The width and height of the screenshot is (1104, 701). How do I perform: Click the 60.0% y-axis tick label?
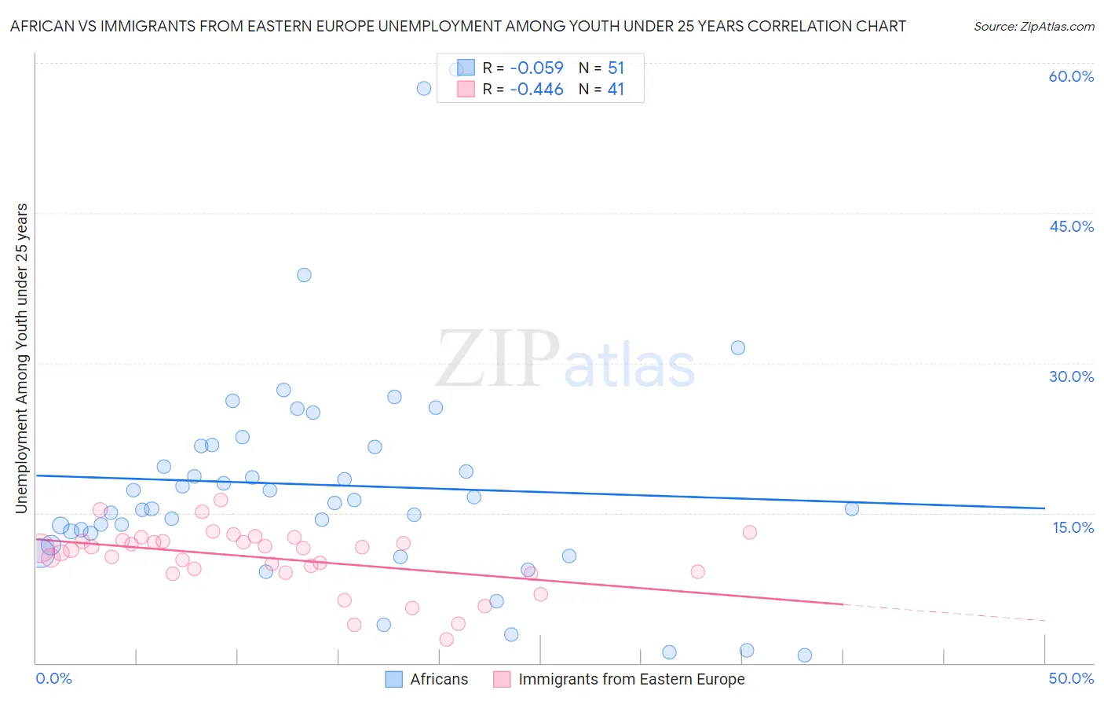coord(1071,76)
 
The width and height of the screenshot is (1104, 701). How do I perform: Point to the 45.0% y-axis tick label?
coord(1071,226)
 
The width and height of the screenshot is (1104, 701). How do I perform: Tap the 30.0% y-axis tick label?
coord(1071,376)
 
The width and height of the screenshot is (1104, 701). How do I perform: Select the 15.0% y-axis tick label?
coord(1073,527)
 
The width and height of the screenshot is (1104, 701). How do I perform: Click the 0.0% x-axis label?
coord(53,678)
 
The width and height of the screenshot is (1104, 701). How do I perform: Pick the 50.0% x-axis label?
coord(1071,678)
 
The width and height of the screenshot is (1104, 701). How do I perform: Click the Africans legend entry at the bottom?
coord(438,679)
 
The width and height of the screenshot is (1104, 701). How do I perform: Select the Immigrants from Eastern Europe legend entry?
coord(631,679)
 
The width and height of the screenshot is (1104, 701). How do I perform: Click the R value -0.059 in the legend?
coord(536,68)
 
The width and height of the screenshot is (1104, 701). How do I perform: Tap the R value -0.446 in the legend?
coord(536,90)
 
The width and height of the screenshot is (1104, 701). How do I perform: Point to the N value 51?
coord(616,68)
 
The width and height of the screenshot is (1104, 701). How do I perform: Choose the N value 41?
coord(616,90)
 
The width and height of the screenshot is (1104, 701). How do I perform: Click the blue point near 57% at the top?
coord(424,88)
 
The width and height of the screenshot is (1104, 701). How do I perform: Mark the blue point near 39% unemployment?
coord(304,275)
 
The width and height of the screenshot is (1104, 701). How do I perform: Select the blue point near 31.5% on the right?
coord(738,347)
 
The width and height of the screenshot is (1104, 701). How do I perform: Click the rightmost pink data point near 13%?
coord(750,532)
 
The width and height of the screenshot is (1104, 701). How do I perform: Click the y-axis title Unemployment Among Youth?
coord(21,358)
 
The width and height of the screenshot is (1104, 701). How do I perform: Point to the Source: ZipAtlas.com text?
coord(1033,27)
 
